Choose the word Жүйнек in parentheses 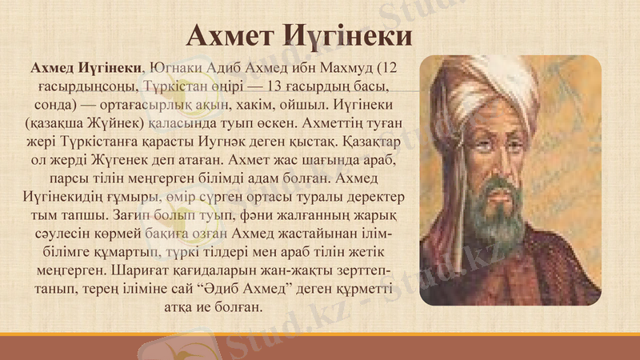tap(107, 126)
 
